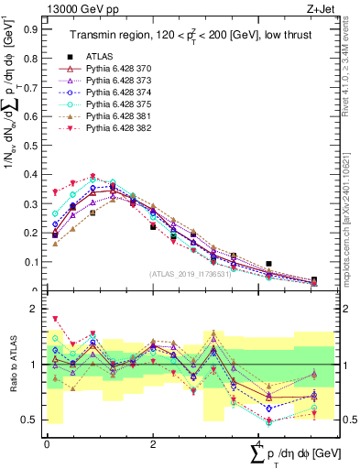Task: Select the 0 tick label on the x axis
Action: [47, 443]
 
